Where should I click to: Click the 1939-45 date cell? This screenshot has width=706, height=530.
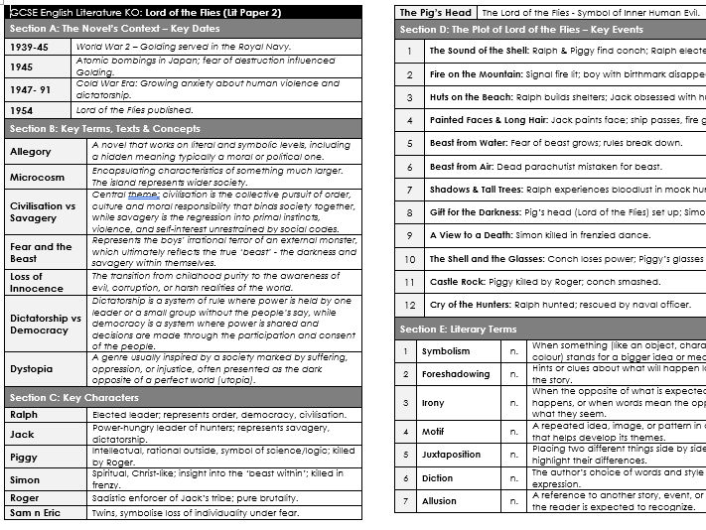click(x=29, y=46)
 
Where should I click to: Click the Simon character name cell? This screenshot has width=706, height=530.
click(x=24, y=478)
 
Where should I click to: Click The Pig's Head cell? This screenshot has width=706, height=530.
click(x=435, y=13)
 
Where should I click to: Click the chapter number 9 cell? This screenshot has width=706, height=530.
click(x=408, y=235)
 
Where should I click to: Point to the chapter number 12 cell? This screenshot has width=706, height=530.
click(x=408, y=305)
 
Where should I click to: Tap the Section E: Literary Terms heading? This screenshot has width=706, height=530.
click(x=458, y=329)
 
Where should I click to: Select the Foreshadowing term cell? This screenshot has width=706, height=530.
click(x=455, y=374)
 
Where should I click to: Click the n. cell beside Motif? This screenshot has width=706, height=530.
click(x=512, y=432)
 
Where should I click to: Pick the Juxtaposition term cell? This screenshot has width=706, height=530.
click(x=455, y=455)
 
